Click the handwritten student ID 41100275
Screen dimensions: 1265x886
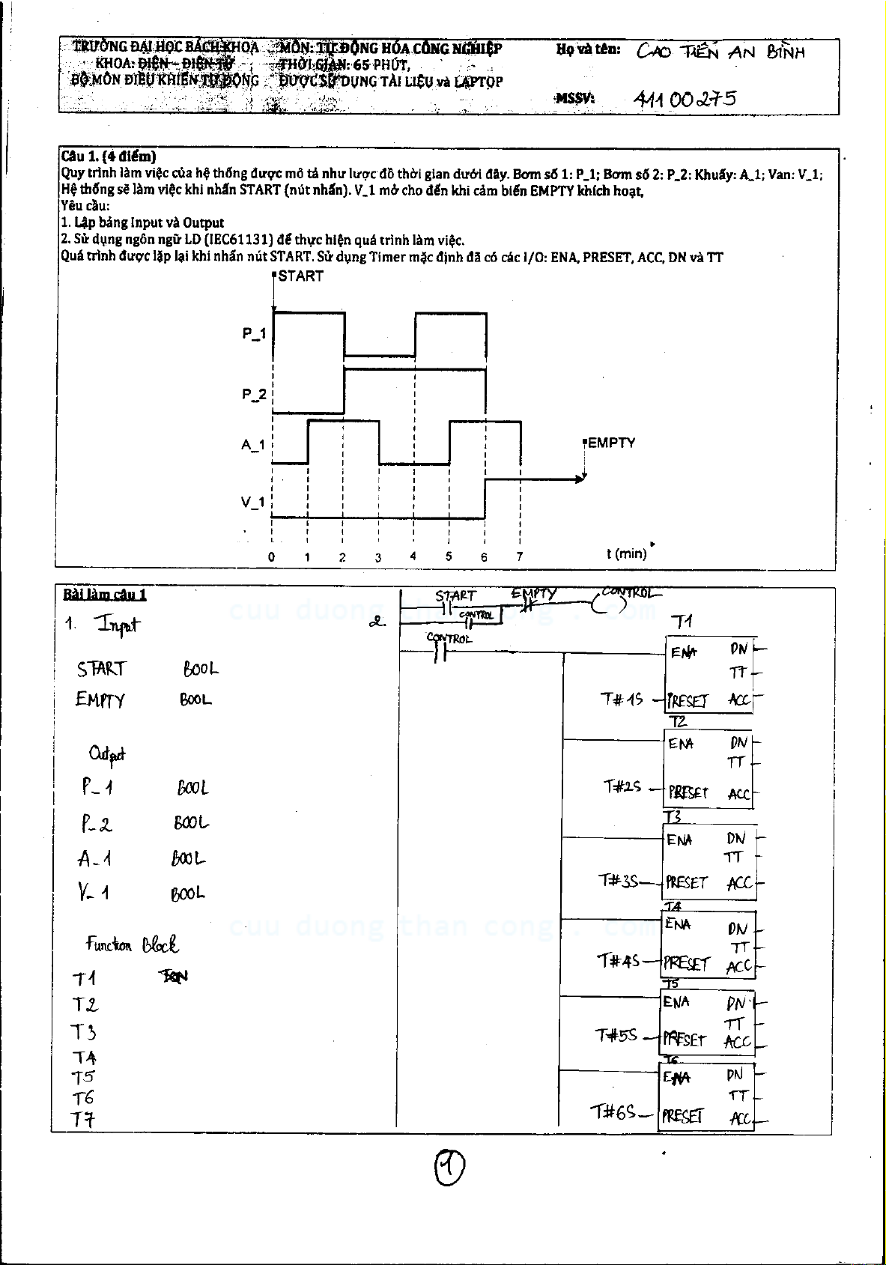coord(685,99)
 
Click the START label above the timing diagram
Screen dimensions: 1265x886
coord(300,276)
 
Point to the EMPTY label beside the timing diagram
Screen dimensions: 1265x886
coord(611,443)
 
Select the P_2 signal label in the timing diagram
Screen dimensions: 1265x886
coord(254,395)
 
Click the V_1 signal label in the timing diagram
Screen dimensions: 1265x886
coord(253,503)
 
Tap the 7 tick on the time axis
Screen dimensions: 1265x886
coord(519,557)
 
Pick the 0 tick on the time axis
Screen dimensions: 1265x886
coord(271,557)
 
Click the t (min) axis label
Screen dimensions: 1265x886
coord(626,553)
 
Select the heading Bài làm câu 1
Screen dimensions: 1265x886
coord(105,595)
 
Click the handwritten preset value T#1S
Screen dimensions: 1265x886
coord(621,700)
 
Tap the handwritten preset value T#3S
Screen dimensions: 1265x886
coord(618,881)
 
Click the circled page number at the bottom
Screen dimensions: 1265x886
coord(449,1166)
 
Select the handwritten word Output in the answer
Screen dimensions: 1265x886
coord(107,754)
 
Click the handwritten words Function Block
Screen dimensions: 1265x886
coord(132,944)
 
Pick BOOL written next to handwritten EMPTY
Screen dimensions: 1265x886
coord(195,700)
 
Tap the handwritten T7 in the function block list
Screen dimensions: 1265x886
coord(83,1120)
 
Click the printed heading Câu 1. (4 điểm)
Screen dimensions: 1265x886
coord(109,157)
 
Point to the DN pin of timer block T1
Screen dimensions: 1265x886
coord(738,649)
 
